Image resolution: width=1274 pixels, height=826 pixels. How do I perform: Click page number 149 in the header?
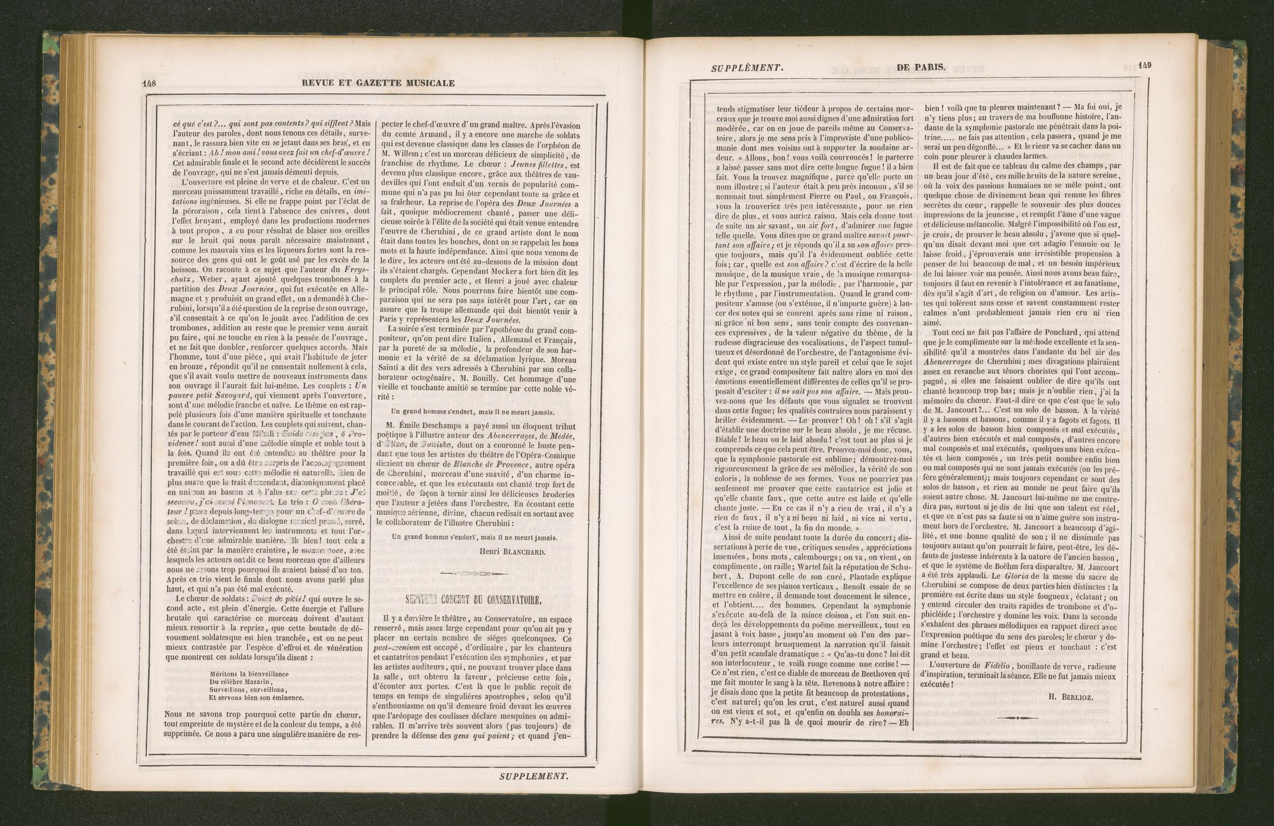[x=1145, y=66]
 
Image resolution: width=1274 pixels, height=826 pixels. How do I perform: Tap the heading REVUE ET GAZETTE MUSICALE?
[x=378, y=83]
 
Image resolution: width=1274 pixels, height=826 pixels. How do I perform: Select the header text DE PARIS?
[x=920, y=67]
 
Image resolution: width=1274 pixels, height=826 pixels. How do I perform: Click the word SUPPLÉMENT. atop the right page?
[x=747, y=68]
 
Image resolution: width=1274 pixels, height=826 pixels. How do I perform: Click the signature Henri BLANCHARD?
[x=512, y=552]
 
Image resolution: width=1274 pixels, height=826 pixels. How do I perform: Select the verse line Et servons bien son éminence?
[x=256, y=698]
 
